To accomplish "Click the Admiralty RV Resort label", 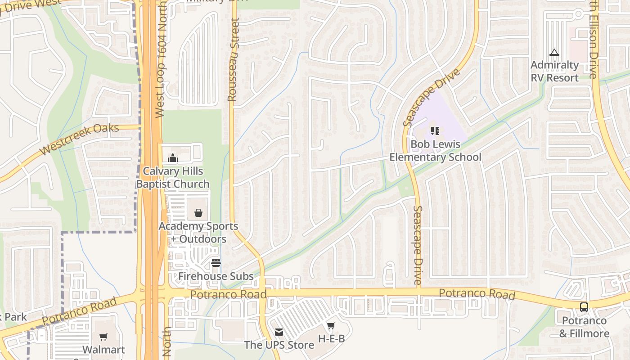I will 554,72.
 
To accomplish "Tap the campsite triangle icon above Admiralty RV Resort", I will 554,53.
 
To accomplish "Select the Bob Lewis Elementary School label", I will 435,151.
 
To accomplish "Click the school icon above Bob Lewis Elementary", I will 435,131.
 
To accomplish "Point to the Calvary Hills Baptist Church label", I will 173,178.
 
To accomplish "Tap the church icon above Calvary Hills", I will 173,158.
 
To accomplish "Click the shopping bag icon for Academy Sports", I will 198,213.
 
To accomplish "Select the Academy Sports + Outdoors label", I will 198,233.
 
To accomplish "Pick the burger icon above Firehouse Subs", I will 216,263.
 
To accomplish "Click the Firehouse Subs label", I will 216,276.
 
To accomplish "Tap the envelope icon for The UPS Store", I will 279,332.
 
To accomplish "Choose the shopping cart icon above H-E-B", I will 331,325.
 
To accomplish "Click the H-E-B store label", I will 331,338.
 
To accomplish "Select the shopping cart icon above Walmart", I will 103,337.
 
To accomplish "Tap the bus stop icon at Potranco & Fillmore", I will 584,307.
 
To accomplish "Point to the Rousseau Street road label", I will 233,60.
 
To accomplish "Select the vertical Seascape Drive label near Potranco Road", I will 418,244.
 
